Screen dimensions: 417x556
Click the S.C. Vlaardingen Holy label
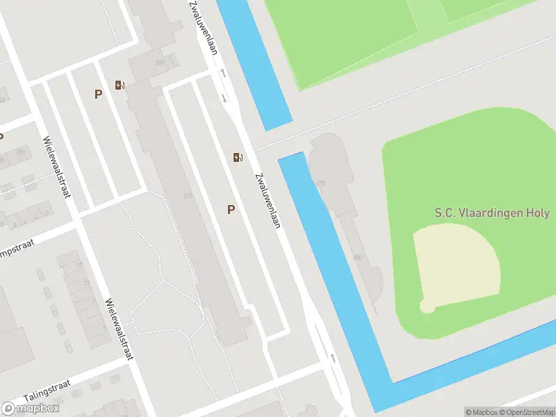click(491, 213)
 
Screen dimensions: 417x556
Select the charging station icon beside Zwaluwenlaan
click(238, 157)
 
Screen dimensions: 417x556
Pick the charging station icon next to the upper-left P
click(120, 86)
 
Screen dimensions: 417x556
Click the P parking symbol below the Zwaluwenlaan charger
click(231, 209)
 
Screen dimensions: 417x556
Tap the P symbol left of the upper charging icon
click(99, 94)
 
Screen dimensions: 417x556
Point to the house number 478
click(320, 183)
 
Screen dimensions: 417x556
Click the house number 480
click(358, 258)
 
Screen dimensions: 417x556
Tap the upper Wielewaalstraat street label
click(57, 167)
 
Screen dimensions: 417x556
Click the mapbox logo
click(31, 408)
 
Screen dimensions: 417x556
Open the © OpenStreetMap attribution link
click(526, 411)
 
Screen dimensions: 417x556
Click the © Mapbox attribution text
click(481, 411)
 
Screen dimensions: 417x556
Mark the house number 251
click(21, 152)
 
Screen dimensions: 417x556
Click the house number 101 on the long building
click(187, 196)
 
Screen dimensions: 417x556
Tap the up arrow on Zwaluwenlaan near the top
click(223, 73)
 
